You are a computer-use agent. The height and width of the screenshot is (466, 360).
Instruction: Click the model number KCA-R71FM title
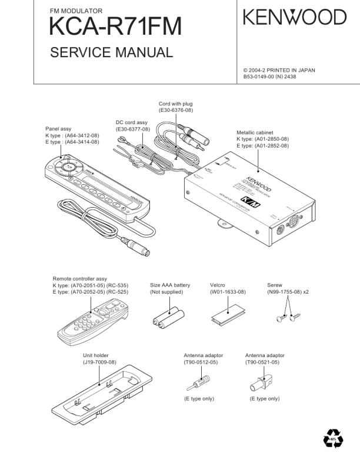pos(116,26)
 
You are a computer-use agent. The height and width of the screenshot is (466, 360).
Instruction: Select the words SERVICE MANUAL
pos(112,53)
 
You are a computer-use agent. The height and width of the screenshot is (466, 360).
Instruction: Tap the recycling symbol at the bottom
pos(333,439)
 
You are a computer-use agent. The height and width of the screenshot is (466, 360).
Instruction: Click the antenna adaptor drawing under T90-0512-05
pos(192,383)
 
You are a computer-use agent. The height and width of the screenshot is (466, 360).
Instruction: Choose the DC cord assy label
pos(132,122)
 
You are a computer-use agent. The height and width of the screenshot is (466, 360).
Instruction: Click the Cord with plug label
pos(176,104)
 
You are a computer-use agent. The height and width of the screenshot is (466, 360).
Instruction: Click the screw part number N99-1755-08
pos(284,292)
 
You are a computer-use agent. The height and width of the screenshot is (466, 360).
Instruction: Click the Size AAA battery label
pos(170,285)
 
